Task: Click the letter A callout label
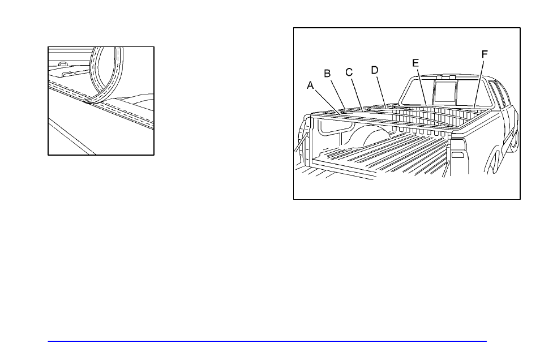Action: pyautogui.click(x=310, y=85)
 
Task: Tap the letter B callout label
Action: pyautogui.click(x=327, y=74)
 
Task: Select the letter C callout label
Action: pyautogui.click(x=349, y=72)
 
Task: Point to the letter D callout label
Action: pyautogui.click(x=374, y=70)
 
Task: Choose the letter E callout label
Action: pyautogui.click(x=415, y=63)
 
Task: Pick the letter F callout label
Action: pyautogui.click(x=484, y=54)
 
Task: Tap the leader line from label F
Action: pyautogui.click(x=479, y=83)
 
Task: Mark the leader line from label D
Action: pyautogui.click(x=380, y=90)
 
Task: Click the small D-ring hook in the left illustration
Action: pyautogui.click(x=62, y=63)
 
